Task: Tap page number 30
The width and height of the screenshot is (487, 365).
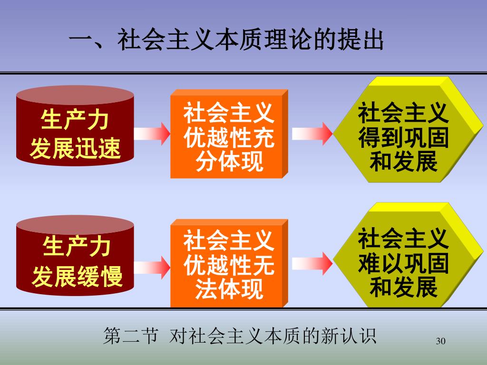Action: (440, 341)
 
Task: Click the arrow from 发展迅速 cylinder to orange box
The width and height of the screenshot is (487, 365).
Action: (152, 133)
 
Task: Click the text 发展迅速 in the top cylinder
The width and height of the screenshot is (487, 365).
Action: (75, 149)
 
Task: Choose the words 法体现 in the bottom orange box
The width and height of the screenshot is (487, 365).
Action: (229, 289)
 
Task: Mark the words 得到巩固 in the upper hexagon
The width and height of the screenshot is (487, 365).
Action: (403, 138)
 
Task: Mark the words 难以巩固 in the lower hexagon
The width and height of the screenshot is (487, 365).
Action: (403, 263)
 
